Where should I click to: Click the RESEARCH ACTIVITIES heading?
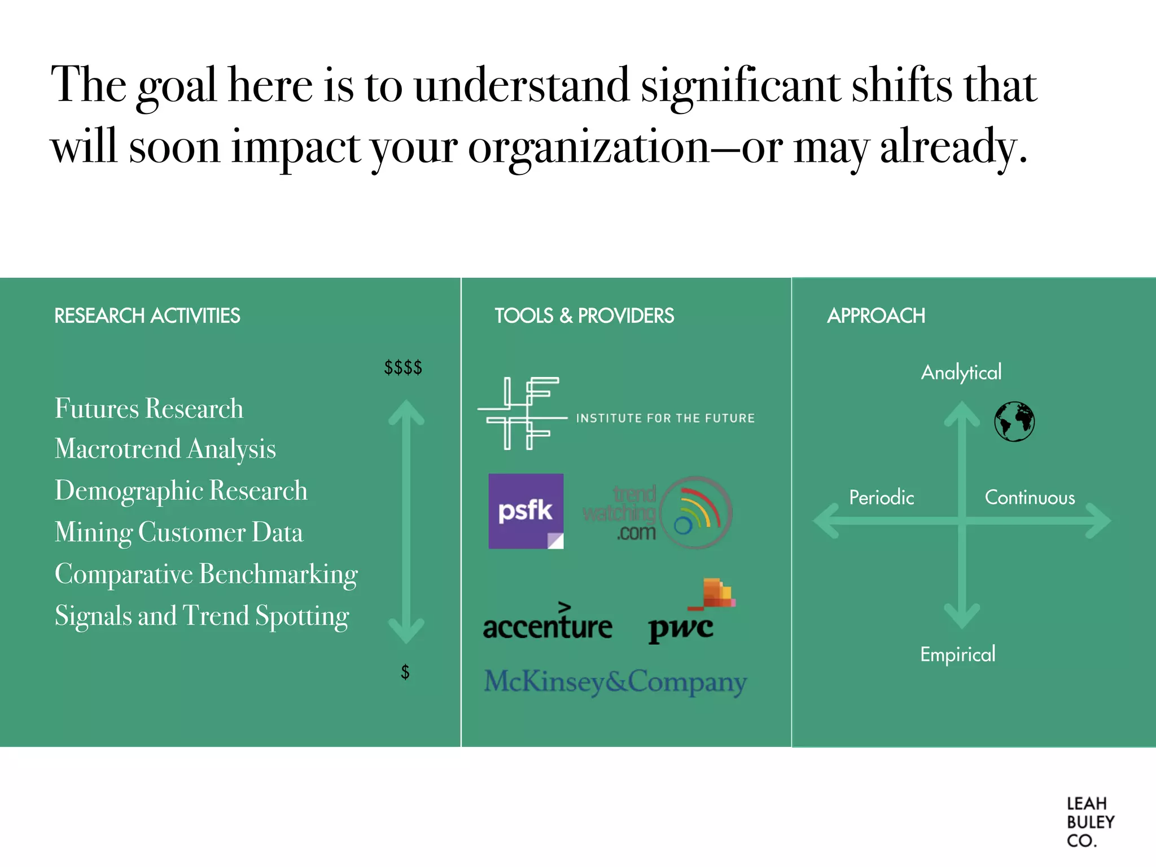point(147,316)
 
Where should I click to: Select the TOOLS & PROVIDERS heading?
point(584,316)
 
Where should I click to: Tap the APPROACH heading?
point(876,316)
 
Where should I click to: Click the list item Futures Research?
point(149,408)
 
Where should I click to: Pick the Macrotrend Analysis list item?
point(165,449)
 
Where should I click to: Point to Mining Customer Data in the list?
point(179,532)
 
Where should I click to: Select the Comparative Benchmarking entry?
point(206,574)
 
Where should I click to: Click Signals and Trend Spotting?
point(202,616)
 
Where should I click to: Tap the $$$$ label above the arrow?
point(403,367)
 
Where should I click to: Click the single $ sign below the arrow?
point(405,672)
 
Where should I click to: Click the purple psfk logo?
point(526,511)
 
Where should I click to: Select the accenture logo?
point(548,624)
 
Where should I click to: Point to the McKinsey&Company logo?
point(615,681)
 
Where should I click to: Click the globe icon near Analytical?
point(1014,422)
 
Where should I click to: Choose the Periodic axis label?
point(881,497)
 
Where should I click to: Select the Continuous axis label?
point(1030,497)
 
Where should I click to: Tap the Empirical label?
point(958,654)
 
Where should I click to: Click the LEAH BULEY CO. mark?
point(1090,822)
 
